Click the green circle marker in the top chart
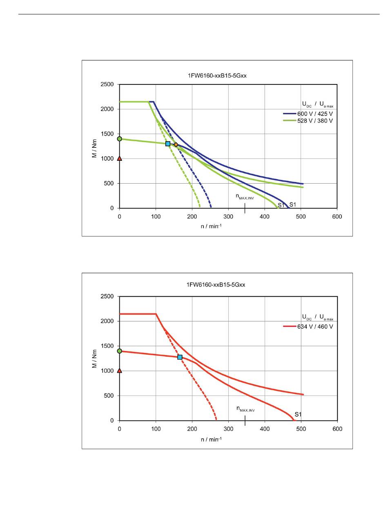pos(119,139)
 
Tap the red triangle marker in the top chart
pos(119,158)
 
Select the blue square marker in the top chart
pos(168,144)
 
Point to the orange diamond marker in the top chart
pos(176,144)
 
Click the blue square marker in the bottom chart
pos(180,357)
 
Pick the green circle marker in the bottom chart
pos(119,351)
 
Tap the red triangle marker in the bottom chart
pos(119,371)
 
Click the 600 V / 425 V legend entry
pos(314,114)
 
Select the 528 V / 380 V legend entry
pos(314,121)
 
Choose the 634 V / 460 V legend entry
pos(314,327)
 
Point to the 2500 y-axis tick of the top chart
pos(108,84)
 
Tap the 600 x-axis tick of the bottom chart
pos(337,429)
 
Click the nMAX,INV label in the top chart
pos(245,197)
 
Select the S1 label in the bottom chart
pos(298,415)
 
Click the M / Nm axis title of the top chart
pos(94,147)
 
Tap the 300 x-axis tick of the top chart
pos(228,217)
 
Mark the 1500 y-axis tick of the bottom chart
pos(108,346)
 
